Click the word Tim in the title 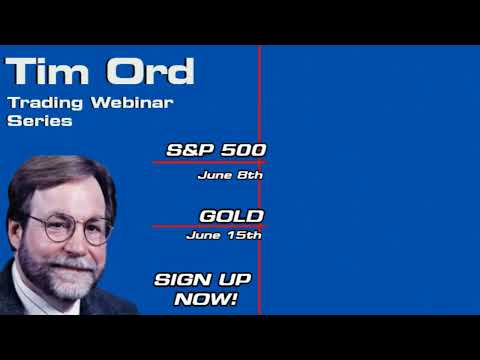coord(45,72)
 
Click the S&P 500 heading coord(216,150)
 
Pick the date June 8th coord(230,174)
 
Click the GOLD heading coord(231,215)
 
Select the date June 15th coord(224,236)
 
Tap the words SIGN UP coord(202,279)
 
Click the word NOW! coord(205,298)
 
